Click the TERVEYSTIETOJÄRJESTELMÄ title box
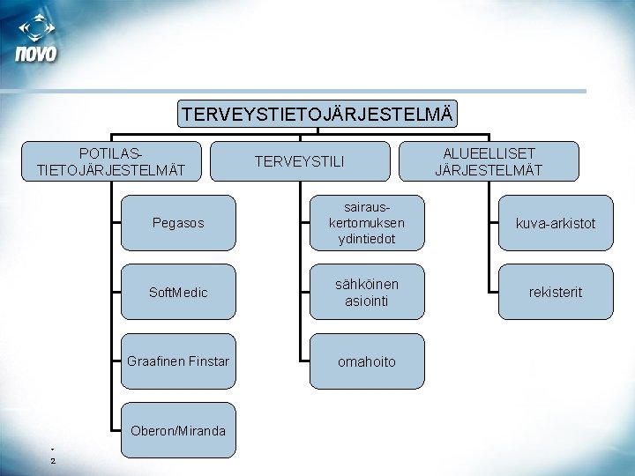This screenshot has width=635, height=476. pos(317,114)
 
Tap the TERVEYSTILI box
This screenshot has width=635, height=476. pos(300,161)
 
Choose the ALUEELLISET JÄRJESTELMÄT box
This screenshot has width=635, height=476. pos(489,161)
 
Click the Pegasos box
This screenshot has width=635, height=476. pos(177,223)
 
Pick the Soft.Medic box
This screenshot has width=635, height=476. pos(177,292)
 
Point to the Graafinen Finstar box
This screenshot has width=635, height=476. pos(177,361)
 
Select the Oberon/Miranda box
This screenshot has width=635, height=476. pos(177,430)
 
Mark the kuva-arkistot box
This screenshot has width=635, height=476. pos(556,223)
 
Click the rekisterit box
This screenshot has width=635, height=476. pos(556,292)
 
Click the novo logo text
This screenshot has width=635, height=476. pos(36,54)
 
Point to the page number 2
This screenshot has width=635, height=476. pos(52,460)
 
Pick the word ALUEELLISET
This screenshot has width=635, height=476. pos(489,153)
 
